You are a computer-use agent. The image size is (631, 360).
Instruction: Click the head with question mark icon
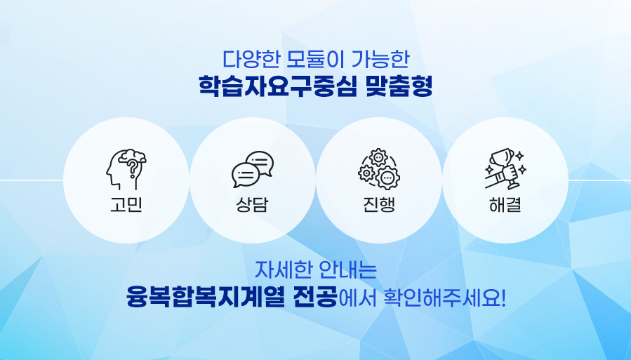click(126, 169)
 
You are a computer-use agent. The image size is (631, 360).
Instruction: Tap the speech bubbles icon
click(252, 169)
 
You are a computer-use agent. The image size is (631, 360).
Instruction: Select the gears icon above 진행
click(379, 168)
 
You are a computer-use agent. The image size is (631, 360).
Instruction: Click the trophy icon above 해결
click(505, 169)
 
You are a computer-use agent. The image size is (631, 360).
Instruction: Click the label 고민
click(126, 205)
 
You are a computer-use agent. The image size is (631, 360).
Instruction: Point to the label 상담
click(252, 205)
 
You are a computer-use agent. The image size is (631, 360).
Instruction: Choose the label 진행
click(379, 205)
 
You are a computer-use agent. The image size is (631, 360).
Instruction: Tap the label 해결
click(505, 205)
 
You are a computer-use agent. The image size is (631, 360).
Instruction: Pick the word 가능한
click(380, 59)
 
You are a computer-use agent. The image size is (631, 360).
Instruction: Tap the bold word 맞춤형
click(399, 86)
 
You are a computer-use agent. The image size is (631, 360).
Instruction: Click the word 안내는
click(348, 270)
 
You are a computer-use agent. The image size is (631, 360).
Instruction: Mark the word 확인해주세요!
click(444, 298)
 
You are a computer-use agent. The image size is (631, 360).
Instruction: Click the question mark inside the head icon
click(131, 168)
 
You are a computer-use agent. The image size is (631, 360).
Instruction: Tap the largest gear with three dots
click(387, 178)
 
